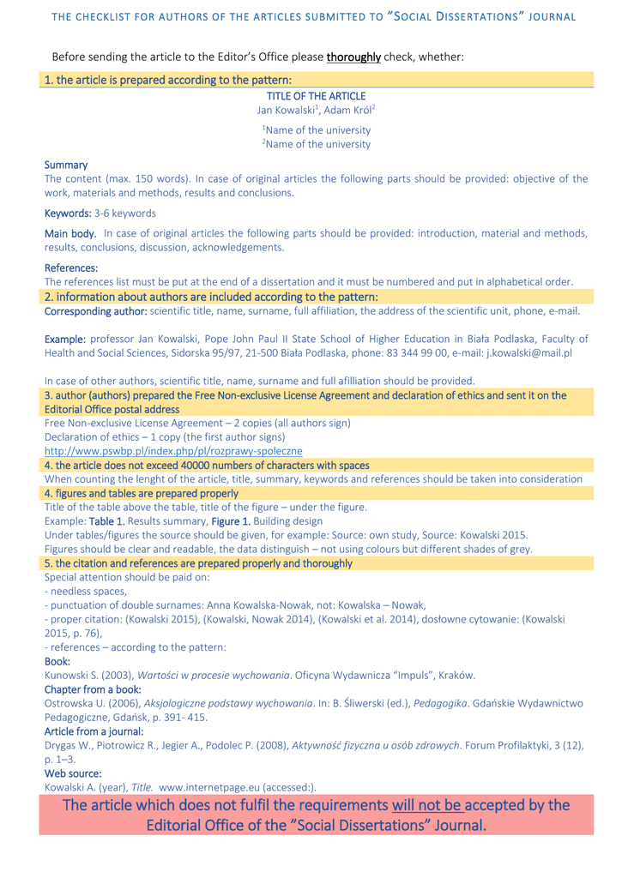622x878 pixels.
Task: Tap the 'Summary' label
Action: [66, 164]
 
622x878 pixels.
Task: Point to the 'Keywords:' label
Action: [67, 213]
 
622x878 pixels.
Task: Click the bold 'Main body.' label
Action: [70, 233]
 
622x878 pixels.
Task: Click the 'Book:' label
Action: [57, 662]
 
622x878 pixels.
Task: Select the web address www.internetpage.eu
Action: [214, 787]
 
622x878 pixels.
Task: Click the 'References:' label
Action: [71, 268]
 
